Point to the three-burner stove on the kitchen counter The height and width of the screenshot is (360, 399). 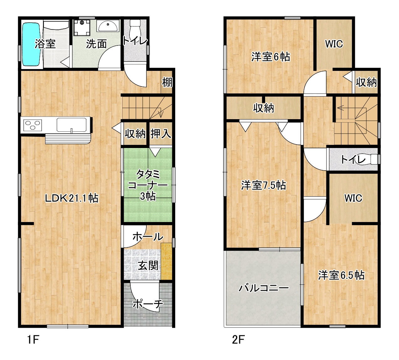tap(33, 125)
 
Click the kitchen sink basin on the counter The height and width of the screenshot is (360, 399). tap(71, 125)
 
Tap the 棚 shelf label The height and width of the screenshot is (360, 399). tap(167, 82)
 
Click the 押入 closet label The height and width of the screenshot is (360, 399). tap(161, 133)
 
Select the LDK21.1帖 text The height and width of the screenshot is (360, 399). tap(71, 198)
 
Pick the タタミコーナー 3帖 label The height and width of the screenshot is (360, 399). tap(148, 185)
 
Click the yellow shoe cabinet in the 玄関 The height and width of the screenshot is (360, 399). tap(166, 261)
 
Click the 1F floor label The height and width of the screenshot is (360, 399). tap(33, 339)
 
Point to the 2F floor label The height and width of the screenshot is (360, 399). tap(238, 339)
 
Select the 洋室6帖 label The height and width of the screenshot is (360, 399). tap(271, 57)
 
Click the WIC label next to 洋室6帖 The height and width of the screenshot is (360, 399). tap(334, 44)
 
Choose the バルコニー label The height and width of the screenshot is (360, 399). tap(264, 288)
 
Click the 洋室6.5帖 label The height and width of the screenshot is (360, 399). tap(341, 275)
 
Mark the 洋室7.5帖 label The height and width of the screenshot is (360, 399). tap(264, 185)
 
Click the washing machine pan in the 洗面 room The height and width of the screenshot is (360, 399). tap(82, 28)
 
